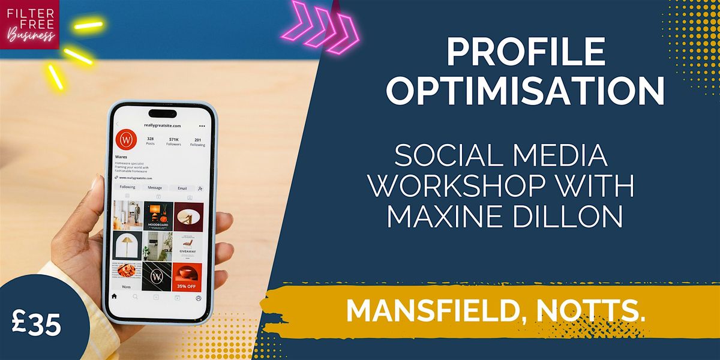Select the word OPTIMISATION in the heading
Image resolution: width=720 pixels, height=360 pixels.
point(524,91)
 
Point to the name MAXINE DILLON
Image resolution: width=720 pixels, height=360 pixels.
point(504,217)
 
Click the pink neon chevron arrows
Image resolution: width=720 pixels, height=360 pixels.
point(322,23)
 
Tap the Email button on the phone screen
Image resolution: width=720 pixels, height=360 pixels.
point(182,187)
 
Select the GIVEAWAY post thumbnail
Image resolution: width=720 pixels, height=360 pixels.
point(188,247)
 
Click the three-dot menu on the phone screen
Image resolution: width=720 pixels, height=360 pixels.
point(202,126)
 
